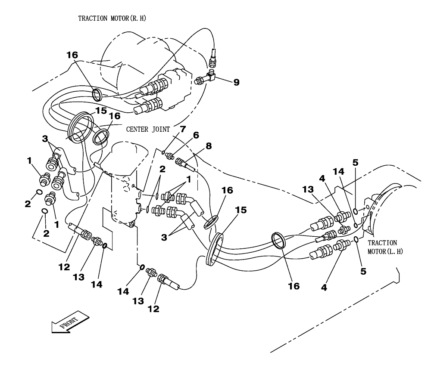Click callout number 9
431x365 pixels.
pyautogui.click(x=236, y=82)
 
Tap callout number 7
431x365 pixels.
pyautogui.click(x=182, y=129)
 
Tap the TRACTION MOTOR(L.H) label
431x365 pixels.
pyautogui.click(x=384, y=247)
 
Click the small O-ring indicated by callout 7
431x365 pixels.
pyautogui.click(x=163, y=151)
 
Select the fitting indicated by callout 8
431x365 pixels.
pyautogui.click(x=184, y=163)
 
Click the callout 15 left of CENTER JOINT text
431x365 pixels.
pyautogui.click(x=100, y=111)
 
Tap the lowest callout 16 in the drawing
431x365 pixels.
pyautogui.click(x=294, y=285)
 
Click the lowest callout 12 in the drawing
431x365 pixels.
pyautogui.click(x=153, y=309)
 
